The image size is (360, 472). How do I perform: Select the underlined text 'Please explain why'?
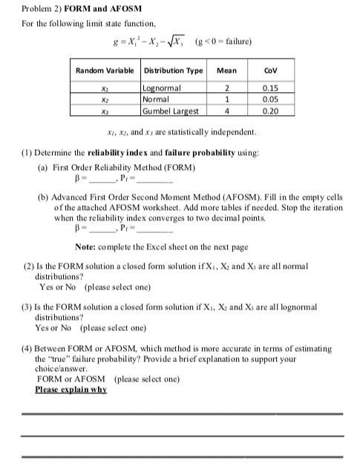tap(71, 389)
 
